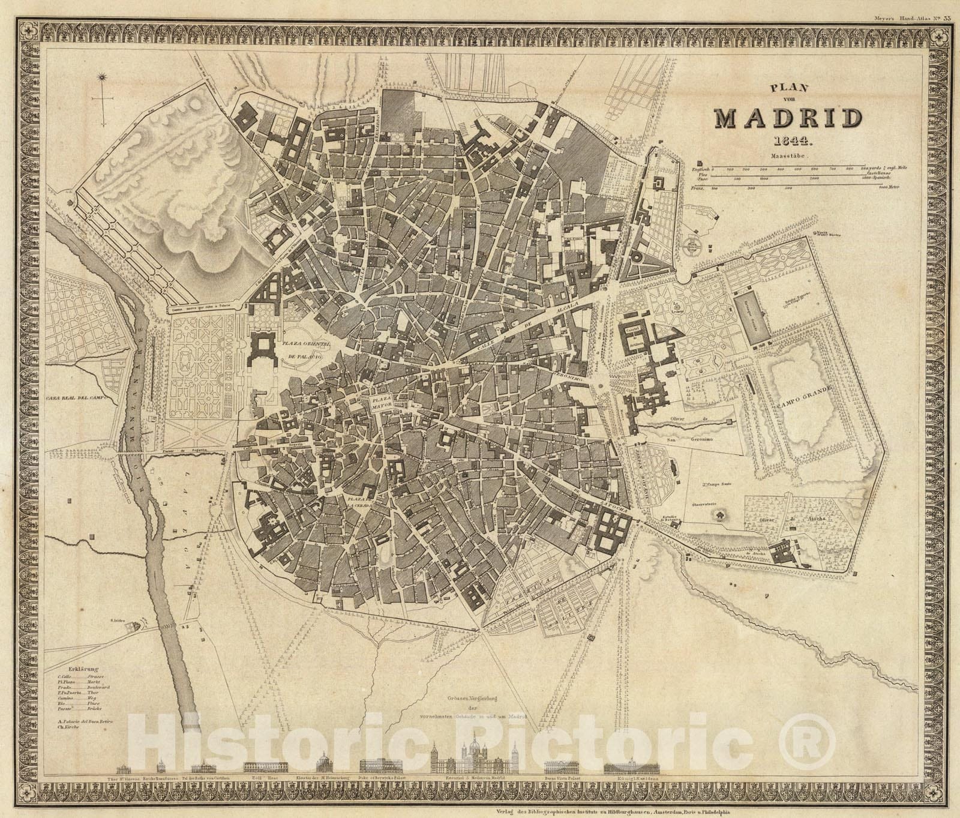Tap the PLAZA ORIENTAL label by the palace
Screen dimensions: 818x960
click(x=306, y=344)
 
